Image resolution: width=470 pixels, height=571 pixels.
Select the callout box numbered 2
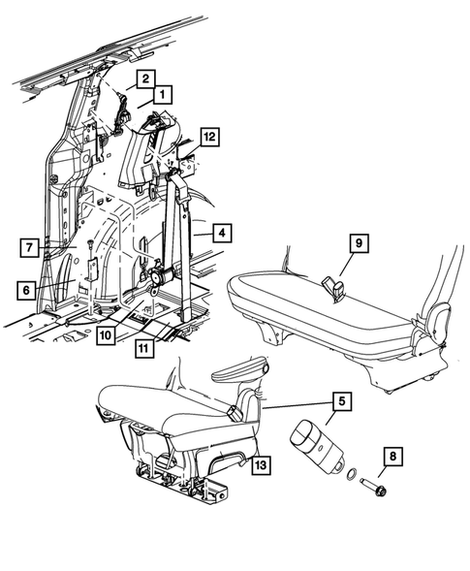142,78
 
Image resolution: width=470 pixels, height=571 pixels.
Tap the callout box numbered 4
222,233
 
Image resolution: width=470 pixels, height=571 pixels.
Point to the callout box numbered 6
28,288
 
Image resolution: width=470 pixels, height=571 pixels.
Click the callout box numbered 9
357,243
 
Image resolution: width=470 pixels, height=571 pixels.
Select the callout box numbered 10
108,334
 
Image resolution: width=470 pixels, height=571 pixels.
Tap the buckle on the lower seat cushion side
235,413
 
